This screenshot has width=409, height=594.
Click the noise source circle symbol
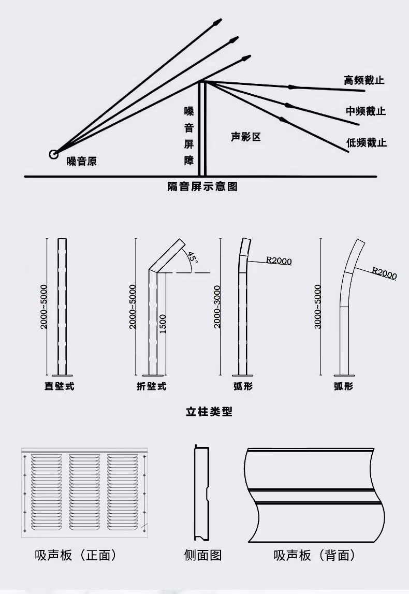pos(53,154)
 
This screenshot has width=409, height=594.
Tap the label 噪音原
pos(82,162)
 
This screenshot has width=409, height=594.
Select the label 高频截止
pos(364,80)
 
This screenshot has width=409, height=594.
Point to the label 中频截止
pos(366,111)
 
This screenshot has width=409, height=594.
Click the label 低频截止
pos(367,142)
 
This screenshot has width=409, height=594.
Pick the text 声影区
pos(245,137)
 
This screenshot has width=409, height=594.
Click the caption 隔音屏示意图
pos(202,186)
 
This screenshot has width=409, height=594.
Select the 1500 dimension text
pos(163,324)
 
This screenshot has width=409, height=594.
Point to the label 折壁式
pos(152,386)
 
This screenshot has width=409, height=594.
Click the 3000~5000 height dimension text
pos(317,306)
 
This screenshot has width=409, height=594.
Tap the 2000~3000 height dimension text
pos(217,306)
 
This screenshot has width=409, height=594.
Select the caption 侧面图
pos(203,556)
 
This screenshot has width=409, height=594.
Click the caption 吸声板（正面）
pos(76,556)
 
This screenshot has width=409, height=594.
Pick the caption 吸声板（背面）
pos(315,556)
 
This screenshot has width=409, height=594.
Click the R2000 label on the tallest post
pos(384,273)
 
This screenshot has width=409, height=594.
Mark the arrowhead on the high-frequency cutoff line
pos(293,86)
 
